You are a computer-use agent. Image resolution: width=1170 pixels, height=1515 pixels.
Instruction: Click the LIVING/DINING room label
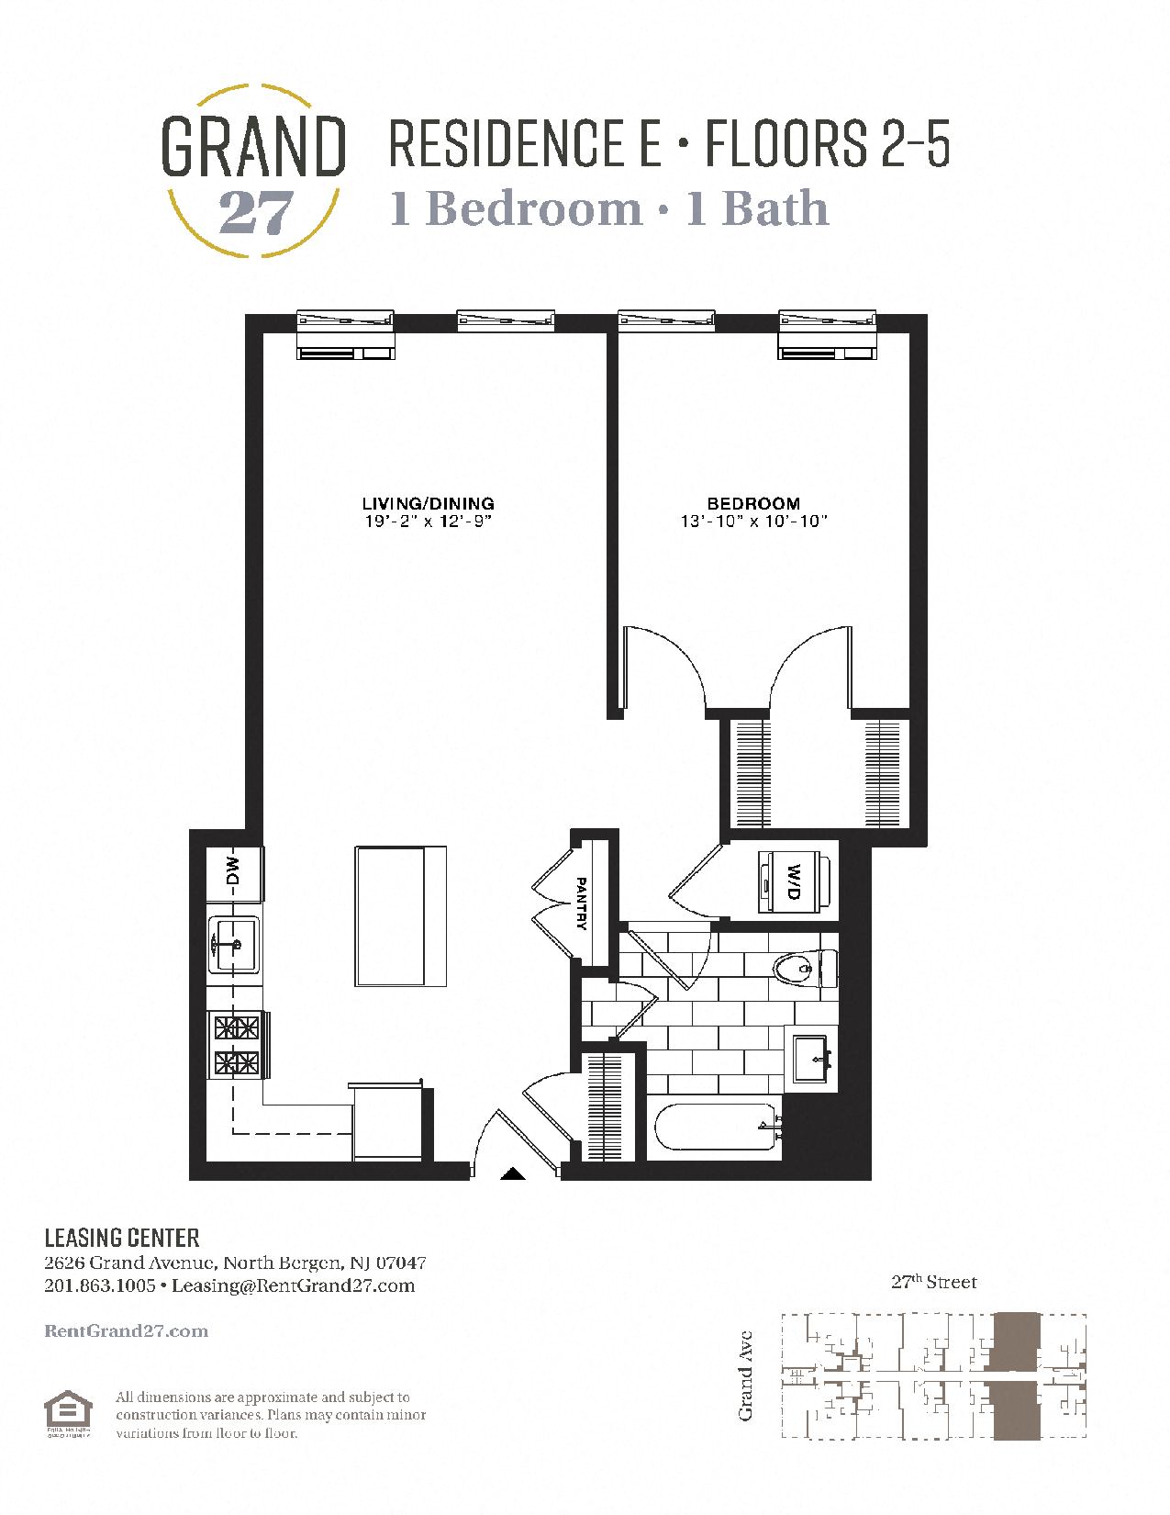(x=428, y=503)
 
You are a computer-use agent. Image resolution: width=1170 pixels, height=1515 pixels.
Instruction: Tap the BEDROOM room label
(x=753, y=503)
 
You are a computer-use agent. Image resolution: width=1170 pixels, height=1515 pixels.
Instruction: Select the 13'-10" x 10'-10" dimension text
(x=753, y=522)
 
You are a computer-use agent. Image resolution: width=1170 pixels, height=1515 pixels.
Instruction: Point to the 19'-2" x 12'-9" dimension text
(x=428, y=522)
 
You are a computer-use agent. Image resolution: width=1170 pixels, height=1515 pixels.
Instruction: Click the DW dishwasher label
(x=232, y=870)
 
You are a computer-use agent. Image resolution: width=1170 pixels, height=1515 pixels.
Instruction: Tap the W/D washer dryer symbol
(x=794, y=882)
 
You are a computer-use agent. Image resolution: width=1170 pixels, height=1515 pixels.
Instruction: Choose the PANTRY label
(x=582, y=903)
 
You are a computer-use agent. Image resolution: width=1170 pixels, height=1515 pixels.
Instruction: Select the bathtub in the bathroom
(x=715, y=1128)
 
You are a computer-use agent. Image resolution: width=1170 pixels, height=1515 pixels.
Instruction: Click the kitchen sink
(x=235, y=944)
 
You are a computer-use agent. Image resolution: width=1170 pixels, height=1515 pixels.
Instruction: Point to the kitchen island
(x=401, y=915)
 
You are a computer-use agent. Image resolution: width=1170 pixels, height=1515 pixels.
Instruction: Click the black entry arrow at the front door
(x=511, y=1173)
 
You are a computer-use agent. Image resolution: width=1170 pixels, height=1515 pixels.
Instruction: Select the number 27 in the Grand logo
(x=255, y=214)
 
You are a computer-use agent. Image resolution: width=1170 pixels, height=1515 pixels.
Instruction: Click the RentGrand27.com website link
(x=126, y=1331)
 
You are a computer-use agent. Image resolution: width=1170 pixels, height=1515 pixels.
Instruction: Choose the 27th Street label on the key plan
(x=933, y=1282)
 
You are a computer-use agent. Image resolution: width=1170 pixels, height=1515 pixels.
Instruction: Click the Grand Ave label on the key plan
(x=746, y=1375)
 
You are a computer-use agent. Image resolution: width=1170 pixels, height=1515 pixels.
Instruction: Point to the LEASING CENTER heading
(x=121, y=1238)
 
